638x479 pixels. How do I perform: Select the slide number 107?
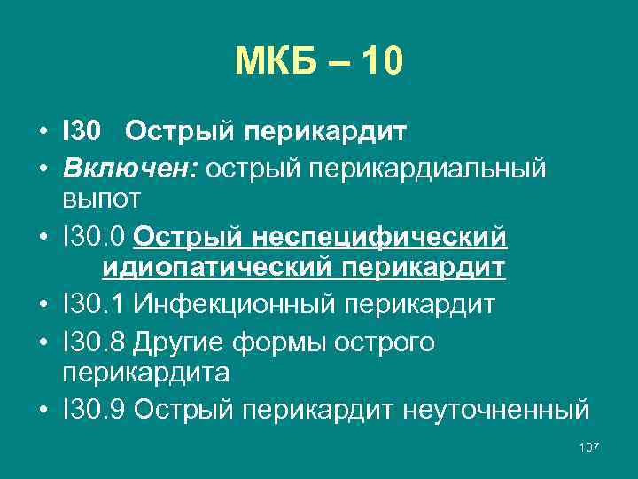pyautogui.click(x=587, y=447)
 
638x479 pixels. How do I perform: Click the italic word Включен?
pyautogui.click(x=131, y=169)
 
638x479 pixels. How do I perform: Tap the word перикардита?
pyautogui.click(x=145, y=373)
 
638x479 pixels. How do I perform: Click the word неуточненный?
pyautogui.click(x=495, y=411)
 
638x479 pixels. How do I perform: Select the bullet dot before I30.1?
pyautogui.click(x=43, y=305)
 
